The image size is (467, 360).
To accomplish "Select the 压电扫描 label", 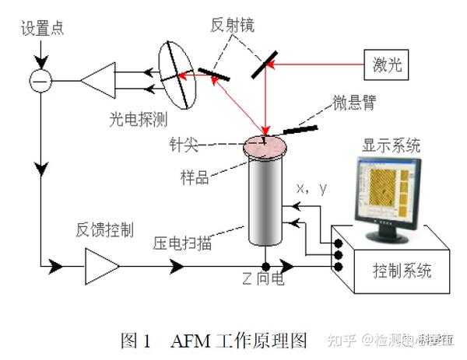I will [184, 243].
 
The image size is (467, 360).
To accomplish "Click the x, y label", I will [312, 188].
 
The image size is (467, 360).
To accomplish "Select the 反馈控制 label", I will [104, 229].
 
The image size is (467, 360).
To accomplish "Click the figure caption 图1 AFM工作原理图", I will [214, 340].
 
